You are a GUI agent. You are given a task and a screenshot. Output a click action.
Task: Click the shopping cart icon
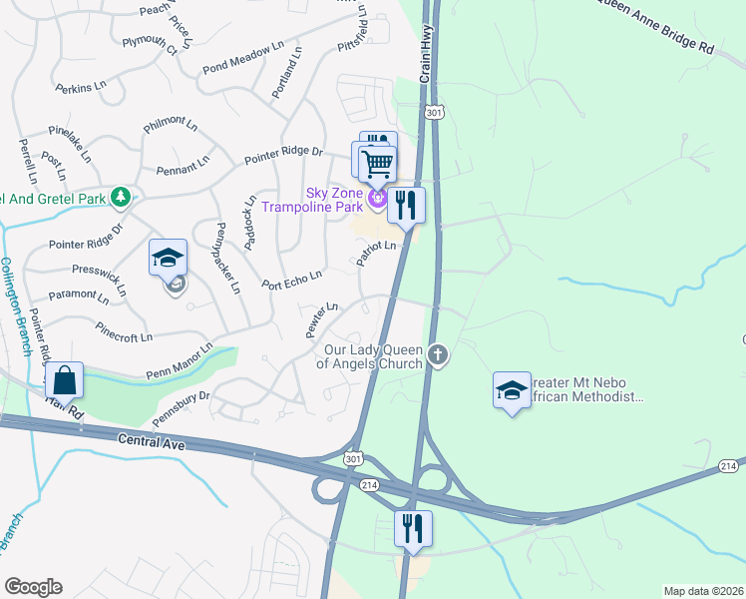click(378, 163)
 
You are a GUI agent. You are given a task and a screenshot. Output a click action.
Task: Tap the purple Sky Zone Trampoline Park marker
click(378, 200)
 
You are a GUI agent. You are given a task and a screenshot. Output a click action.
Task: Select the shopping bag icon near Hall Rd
click(64, 380)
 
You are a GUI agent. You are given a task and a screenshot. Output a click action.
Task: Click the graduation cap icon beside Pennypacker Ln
click(169, 258)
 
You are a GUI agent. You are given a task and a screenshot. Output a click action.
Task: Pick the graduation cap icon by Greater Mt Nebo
click(512, 390)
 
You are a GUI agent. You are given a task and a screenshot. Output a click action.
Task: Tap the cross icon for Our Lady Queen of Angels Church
click(437, 354)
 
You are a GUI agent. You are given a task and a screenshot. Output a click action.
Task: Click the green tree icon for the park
click(121, 197)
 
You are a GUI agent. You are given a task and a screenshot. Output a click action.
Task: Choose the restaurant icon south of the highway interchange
click(412, 527)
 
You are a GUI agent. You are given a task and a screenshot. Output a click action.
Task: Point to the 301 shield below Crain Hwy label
click(434, 113)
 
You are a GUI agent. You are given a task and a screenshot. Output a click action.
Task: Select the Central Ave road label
click(153, 439)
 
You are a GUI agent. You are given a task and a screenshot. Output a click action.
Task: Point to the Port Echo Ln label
click(291, 279)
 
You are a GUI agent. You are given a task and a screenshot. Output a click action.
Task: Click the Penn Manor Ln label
click(180, 360)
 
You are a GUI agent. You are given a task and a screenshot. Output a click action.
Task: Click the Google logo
click(33, 587)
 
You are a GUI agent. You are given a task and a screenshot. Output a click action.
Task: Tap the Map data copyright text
click(703, 591)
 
